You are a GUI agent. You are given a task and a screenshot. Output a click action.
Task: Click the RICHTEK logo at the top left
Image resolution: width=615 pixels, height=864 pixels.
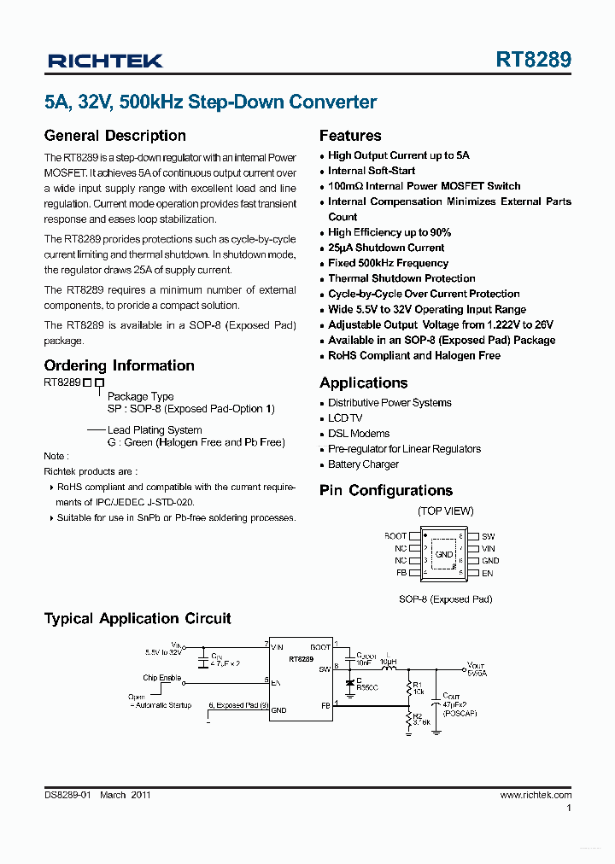pyautogui.click(x=105, y=61)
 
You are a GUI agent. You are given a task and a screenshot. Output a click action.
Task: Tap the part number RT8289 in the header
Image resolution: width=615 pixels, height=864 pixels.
pyautogui.click(x=534, y=61)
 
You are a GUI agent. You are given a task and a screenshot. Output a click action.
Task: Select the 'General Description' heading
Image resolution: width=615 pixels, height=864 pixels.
pyautogui.click(x=114, y=136)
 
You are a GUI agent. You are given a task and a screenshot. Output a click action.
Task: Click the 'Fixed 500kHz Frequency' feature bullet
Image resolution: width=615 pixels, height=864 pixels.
pyautogui.click(x=388, y=263)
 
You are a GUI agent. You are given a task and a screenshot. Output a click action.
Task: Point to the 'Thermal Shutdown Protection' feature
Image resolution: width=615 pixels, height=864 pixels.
pyautogui.click(x=401, y=278)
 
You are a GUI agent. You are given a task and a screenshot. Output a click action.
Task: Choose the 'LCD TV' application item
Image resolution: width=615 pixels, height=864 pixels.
pyautogui.click(x=345, y=418)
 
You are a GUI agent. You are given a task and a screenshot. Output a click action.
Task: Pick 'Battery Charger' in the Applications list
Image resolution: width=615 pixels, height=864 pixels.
pyautogui.click(x=363, y=464)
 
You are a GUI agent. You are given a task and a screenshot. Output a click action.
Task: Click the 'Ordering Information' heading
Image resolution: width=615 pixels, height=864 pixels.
pyautogui.click(x=119, y=365)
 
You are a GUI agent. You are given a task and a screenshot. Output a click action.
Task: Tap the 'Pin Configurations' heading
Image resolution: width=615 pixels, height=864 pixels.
pyautogui.click(x=386, y=491)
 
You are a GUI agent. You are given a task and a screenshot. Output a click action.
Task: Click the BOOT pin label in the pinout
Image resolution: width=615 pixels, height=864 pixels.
pyautogui.click(x=395, y=536)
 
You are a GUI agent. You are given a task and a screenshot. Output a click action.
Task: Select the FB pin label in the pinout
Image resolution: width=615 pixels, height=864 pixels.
pyautogui.click(x=401, y=573)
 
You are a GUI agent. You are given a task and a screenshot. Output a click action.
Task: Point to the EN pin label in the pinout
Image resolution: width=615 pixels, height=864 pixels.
pyautogui.click(x=488, y=573)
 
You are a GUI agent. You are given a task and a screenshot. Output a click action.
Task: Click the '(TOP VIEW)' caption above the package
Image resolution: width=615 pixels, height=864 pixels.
pyautogui.click(x=445, y=511)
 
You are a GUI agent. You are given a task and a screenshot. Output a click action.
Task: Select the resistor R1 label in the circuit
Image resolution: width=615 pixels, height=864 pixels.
pyautogui.click(x=418, y=686)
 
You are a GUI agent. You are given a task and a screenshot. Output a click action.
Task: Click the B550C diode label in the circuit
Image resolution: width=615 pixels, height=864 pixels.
pyautogui.click(x=367, y=686)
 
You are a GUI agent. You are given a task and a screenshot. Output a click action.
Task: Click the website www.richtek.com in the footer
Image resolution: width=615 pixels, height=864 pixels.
pyautogui.click(x=536, y=795)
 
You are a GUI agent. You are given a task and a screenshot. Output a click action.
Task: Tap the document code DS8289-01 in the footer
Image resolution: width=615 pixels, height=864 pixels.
pyautogui.click(x=67, y=795)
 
